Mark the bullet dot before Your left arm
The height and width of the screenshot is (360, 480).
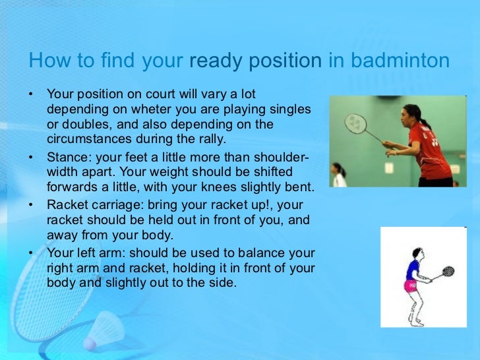pyautogui.click(x=31, y=253)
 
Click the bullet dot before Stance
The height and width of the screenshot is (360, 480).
pyautogui.click(x=31, y=158)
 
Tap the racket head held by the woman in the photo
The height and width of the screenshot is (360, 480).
pyautogui.click(x=356, y=123)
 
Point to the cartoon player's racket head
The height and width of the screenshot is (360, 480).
pyautogui.click(x=448, y=271)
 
